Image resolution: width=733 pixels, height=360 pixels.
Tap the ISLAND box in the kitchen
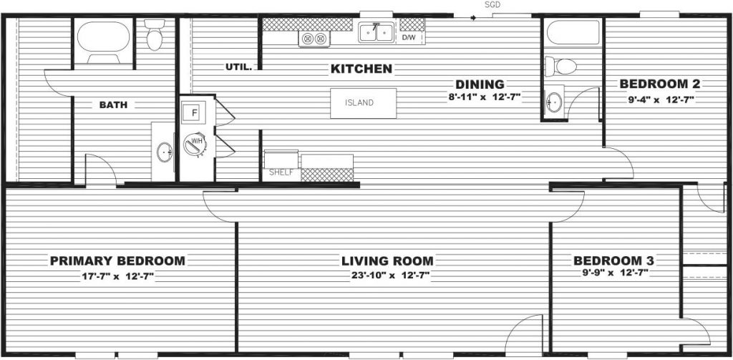(363, 103)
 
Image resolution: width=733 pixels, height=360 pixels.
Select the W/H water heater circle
(194, 144)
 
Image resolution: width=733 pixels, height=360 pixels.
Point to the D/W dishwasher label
(409, 37)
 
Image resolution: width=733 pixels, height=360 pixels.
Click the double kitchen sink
(377, 32)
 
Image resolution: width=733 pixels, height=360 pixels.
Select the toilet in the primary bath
(155, 34)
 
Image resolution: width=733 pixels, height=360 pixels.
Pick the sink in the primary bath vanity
(164, 152)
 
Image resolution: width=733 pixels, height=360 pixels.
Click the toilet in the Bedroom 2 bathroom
(561, 67)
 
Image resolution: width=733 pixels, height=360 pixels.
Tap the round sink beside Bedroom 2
(553, 102)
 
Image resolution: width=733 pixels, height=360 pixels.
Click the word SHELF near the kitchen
(280, 172)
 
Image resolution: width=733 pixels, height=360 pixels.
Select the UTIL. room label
(238, 68)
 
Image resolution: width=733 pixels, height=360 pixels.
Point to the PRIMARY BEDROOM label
(117, 261)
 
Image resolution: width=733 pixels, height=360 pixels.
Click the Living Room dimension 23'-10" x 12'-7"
(390, 276)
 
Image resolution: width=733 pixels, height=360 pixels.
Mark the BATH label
(113, 105)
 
